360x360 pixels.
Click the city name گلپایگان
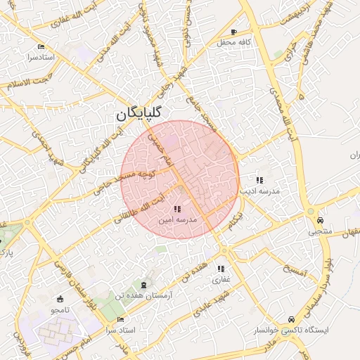[139, 112]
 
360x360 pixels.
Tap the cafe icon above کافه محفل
[234, 32]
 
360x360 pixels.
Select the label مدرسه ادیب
[259, 191]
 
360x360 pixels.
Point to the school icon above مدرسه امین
[177, 208]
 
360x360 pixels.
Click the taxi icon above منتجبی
[321, 219]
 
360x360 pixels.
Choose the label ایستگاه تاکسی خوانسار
[290, 329]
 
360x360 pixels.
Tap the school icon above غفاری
[221, 269]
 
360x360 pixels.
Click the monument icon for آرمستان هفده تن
[145, 284]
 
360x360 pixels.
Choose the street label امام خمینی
[159, 146]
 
